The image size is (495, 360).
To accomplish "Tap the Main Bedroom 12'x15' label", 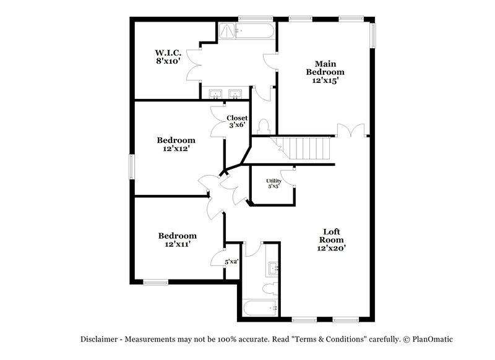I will tap(325, 72).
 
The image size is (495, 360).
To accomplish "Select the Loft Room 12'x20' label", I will tap(332, 239).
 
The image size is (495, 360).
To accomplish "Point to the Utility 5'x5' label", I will tap(274, 183).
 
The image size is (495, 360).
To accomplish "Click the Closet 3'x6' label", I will tap(236, 121).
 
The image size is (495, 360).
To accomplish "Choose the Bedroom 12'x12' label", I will tap(176, 144).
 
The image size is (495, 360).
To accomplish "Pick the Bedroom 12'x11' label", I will tap(177, 239).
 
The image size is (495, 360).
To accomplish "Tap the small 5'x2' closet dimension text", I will tap(231, 262).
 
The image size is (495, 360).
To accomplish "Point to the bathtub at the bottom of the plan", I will tap(259, 307).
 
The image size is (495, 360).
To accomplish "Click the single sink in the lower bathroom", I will tap(273, 268).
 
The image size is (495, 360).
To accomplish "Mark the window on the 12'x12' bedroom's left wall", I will tap(132, 166).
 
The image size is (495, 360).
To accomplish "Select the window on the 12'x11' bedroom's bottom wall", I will tap(155, 283).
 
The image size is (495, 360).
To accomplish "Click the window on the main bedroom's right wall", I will tap(373, 35).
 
